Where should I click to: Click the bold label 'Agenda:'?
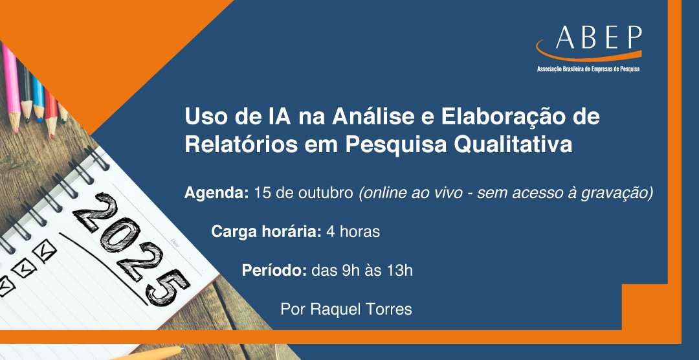coord(216,193)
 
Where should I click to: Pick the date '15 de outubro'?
coord(304,193)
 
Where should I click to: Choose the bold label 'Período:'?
coord(274,270)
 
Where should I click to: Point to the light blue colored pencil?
coord(38,97)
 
